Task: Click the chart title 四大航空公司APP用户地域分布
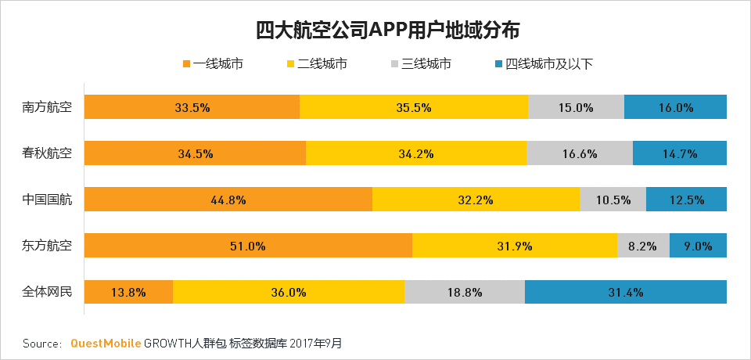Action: point(375,31)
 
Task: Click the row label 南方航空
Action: point(47,107)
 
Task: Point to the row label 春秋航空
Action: point(47,153)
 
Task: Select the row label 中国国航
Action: point(47,200)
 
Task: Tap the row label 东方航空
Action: point(47,246)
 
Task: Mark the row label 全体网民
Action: point(47,293)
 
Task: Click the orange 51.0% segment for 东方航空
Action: point(248,246)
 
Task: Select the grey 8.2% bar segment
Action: point(643,246)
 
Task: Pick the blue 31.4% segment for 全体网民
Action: point(626,293)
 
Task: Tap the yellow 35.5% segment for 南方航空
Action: point(414,107)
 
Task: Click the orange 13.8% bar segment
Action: point(128,293)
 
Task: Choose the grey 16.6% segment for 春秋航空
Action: point(580,153)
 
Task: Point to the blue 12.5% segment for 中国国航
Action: point(687,200)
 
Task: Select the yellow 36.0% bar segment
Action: point(288,293)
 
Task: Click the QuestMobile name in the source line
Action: point(106,343)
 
